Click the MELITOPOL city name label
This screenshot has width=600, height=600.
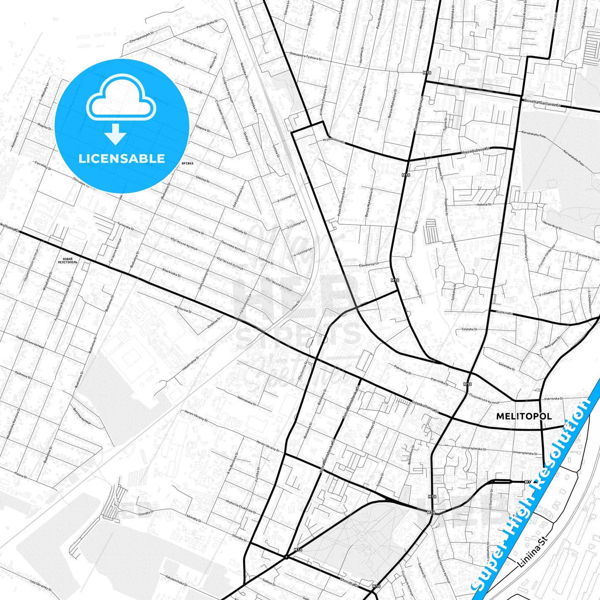point(524,416)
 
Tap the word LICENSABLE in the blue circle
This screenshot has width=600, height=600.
point(122,158)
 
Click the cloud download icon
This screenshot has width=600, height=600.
point(121,109)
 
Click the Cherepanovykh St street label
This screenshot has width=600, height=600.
point(142,36)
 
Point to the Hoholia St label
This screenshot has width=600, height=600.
point(484,204)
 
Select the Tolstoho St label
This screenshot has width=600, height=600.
point(469,329)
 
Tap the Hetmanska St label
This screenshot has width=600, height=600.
point(246,401)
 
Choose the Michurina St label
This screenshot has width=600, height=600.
point(183,309)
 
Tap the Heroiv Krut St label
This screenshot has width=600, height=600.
point(552,226)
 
